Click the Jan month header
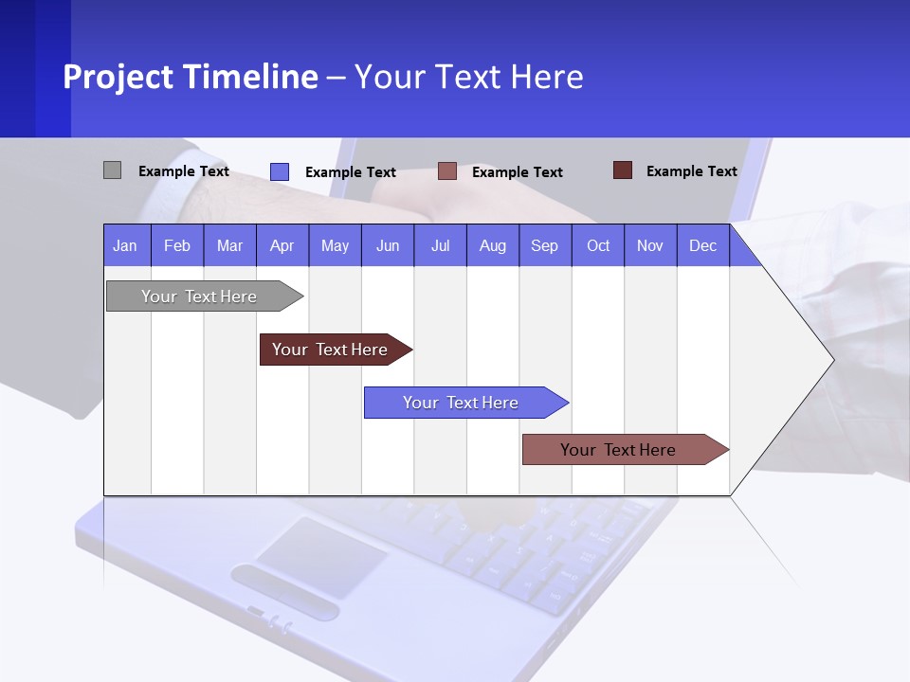click(126, 245)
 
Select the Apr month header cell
click(282, 245)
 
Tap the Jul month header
click(440, 245)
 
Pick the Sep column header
click(545, 245)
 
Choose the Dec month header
click(702, 245)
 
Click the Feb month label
click(177, 245)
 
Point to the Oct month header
click(598, 245)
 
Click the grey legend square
click(112, 170)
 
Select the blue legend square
click(280, 171)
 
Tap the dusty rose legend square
click(447, 171)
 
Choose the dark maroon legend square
click(623, 170)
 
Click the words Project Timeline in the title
click(191, 77)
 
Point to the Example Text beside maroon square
click(691, 171)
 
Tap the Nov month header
click(650, 245)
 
